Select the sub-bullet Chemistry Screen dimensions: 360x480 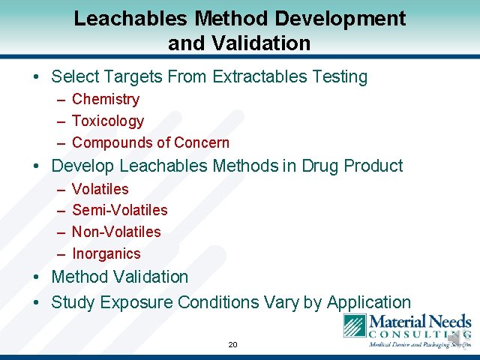[106, 99]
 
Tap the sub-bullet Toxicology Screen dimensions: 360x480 [108, 121]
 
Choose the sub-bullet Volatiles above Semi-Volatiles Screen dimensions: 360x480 [100, 189]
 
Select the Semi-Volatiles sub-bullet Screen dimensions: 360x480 [120, 210]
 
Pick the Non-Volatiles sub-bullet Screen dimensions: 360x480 [116, 232]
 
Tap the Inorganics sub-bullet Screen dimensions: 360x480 [106, 253]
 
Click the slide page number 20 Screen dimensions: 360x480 [232, 345]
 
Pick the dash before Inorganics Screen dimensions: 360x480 [60, 253]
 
